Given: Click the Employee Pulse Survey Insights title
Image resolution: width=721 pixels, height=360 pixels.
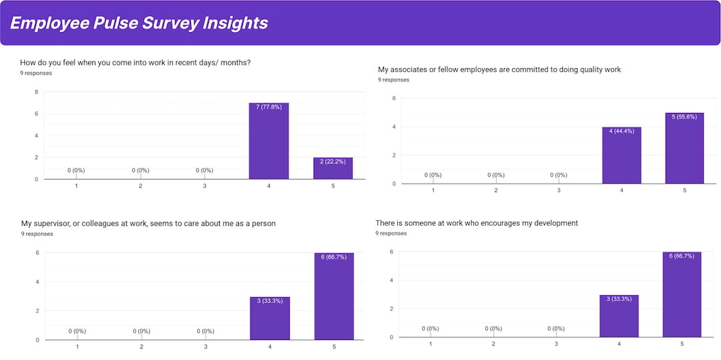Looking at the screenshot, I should click(139, 23).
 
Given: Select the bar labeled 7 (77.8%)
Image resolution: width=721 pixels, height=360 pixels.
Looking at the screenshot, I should click(268, 141).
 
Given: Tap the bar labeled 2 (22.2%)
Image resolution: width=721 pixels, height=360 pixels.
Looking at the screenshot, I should click(333, 168).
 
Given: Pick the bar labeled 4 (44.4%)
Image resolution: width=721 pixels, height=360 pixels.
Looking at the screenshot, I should click(622, 155).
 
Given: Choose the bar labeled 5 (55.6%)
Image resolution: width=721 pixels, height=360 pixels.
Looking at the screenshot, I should click(684, 148).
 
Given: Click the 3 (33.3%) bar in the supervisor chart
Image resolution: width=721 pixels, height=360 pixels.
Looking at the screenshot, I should click(270, 318).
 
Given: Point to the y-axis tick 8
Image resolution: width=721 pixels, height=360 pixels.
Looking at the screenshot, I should click(36, 92).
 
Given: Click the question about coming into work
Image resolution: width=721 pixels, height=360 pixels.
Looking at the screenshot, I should click(135, 63).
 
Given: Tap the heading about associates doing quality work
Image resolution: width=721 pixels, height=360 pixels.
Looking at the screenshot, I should click(499, 69).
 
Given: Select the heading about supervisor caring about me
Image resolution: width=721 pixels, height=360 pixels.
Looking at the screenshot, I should click(148, 223).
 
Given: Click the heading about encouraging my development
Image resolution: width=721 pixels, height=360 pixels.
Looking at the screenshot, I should click(477, 222).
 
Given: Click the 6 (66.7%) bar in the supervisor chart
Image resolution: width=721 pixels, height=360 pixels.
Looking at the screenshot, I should click(334, 296).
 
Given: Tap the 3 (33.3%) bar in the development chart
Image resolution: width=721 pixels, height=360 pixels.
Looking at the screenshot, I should click(619, 315).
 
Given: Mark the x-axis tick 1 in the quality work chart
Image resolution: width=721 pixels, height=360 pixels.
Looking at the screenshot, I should click(433, 190).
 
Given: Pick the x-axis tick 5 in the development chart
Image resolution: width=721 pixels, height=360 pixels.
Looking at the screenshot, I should click(682, 344).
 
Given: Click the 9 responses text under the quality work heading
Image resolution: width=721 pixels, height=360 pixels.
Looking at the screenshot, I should click(393, 79).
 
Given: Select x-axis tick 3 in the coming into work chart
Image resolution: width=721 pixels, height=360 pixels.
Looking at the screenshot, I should click(204, 186).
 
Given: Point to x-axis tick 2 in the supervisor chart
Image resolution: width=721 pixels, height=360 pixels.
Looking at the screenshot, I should click(142, 347).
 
